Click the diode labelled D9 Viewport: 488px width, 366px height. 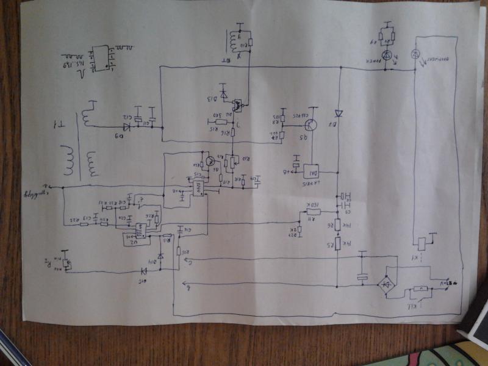point(126,127)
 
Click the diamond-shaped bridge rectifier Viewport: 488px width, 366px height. point(386,284)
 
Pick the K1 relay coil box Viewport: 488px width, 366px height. point(422,243)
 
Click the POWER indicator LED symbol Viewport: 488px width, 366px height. point(386,62)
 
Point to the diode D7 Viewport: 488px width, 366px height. point(337,113)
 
